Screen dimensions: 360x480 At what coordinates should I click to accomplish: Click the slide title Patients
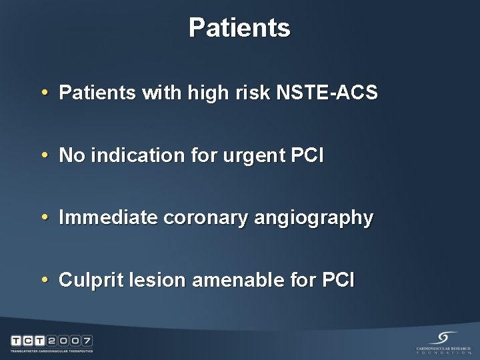click(239, 28)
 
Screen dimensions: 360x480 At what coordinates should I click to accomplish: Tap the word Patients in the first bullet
click(97, 93)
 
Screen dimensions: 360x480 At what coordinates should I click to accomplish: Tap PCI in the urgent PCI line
click(307, 155)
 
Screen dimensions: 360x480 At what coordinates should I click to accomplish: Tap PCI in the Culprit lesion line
click(340, 280)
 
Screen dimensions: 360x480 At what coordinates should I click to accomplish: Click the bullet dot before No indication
click(44, 156)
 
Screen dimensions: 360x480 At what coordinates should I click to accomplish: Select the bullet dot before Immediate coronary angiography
click(44, 218)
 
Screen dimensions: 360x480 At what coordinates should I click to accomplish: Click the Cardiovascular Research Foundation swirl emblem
click(443, 337)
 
